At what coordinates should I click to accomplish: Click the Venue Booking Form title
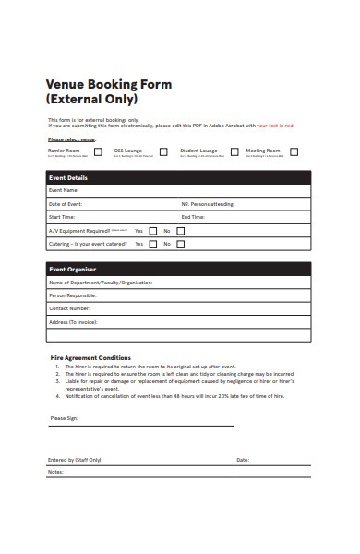tap(109, 84)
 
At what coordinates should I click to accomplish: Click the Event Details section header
tap(68, 178)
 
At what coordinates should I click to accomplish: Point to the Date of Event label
tap(66, 204)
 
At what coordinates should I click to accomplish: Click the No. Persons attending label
tap(208, 204)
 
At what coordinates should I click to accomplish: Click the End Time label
tap(194, 217)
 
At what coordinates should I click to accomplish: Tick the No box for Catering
tap(181, 245)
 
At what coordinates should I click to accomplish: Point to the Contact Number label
tap(69, 308)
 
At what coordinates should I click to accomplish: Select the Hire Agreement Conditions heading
tap(90, 358)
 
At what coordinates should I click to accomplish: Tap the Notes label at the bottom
tap(55, 472)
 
